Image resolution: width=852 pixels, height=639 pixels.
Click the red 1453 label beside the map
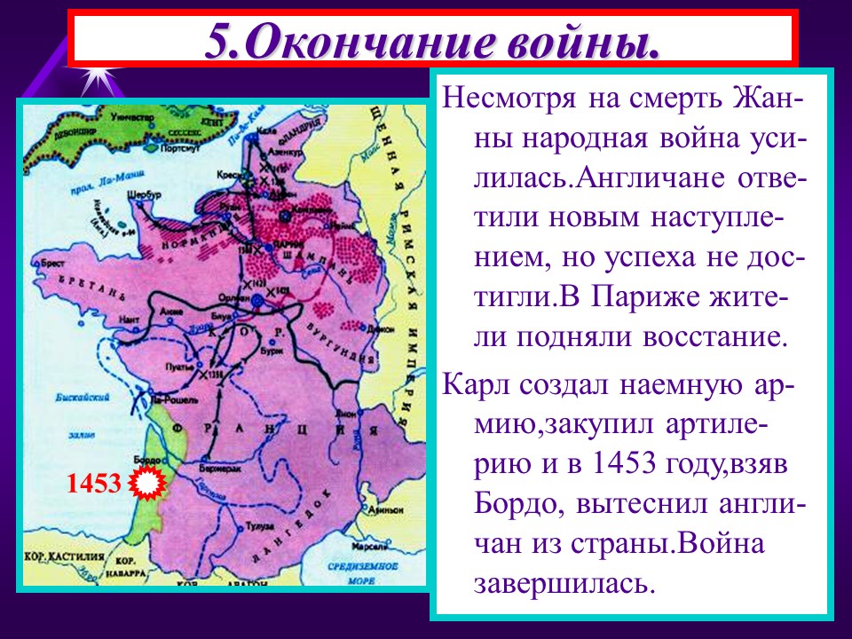pos(93,484)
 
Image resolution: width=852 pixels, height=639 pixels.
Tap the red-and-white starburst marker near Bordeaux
pos(147,484)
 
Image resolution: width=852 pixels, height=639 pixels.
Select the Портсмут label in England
pos(180,148)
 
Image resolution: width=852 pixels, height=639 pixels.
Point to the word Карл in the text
pos(476,387)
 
